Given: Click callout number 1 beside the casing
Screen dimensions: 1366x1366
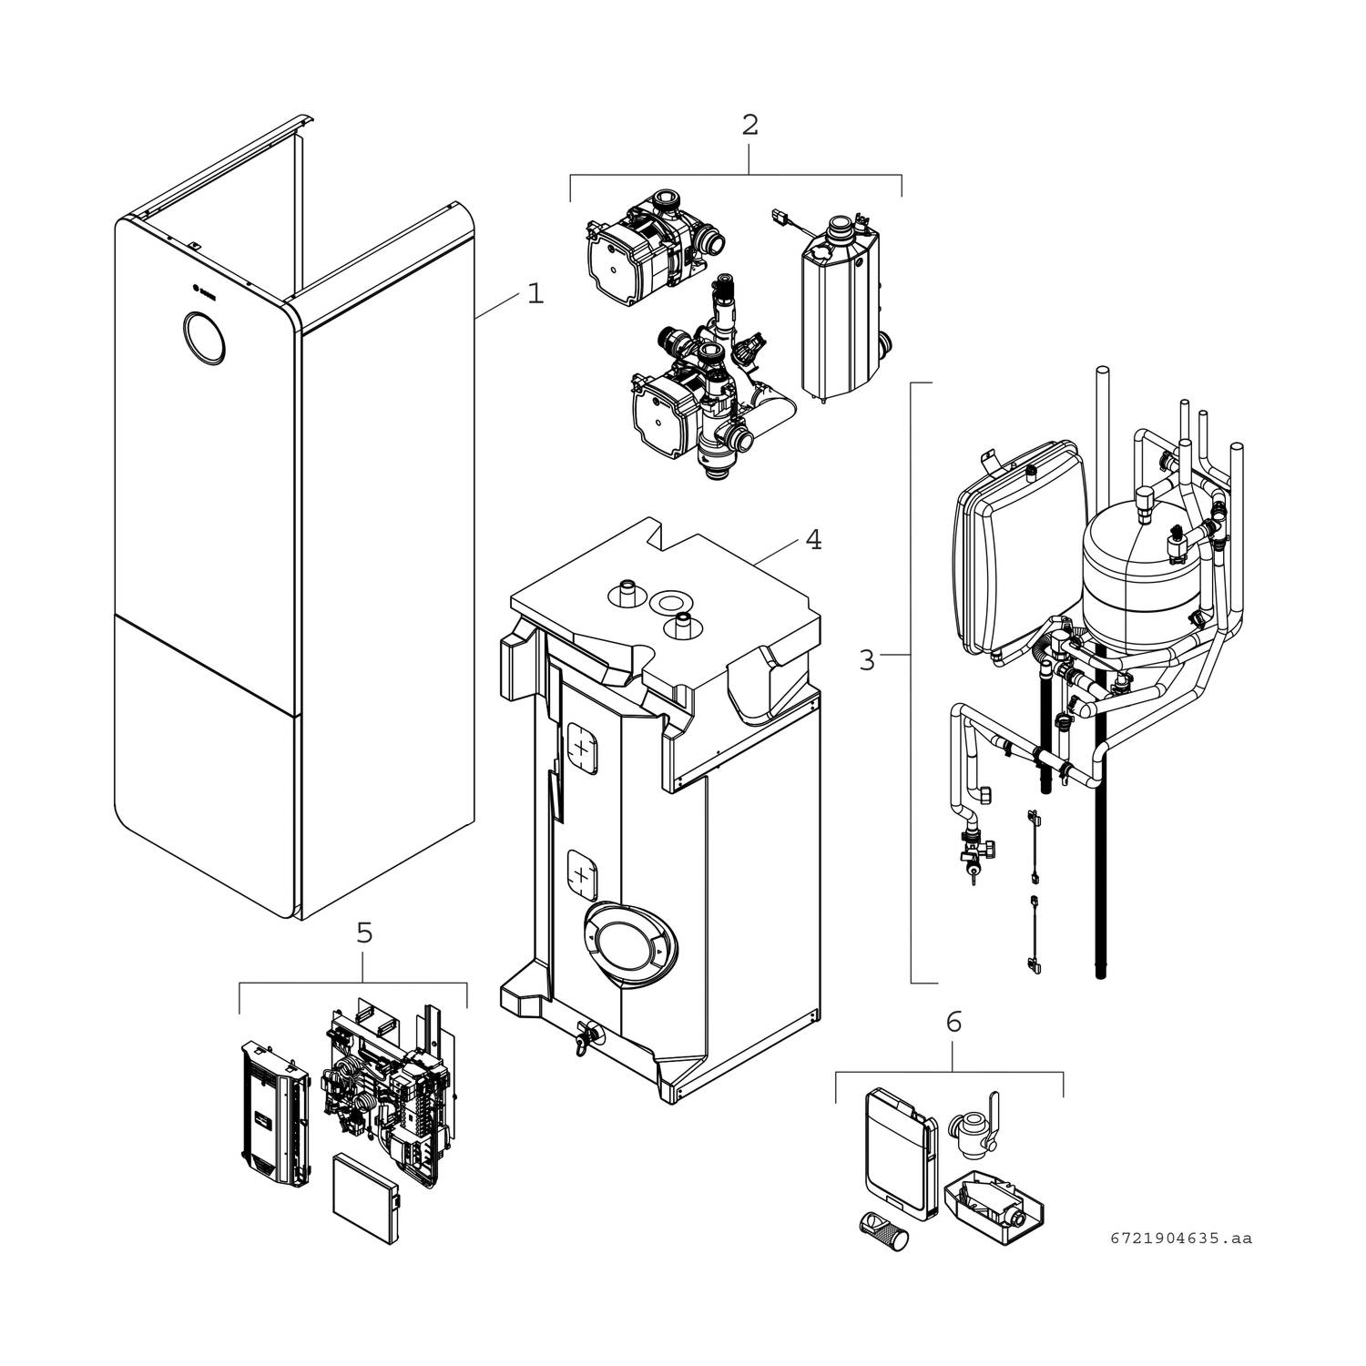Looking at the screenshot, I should [x=535, y=294].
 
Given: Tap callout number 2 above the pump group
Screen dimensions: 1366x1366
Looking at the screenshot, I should [x=749, y=125].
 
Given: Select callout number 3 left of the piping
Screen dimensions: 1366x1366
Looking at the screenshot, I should [x=866, y=659].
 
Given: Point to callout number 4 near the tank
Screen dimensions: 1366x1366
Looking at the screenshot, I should [x=813, y=540].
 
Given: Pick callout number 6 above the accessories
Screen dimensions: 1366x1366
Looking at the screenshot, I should [x=953, y=1022].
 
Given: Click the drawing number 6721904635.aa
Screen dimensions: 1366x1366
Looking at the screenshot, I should [x=1181, y=1239].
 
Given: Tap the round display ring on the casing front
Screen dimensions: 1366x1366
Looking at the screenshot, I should [x=203, y=338].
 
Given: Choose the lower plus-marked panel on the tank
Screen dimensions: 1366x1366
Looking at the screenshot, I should [x=582, y=875].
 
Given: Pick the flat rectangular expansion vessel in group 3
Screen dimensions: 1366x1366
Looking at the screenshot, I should [x=1020, y=556].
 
